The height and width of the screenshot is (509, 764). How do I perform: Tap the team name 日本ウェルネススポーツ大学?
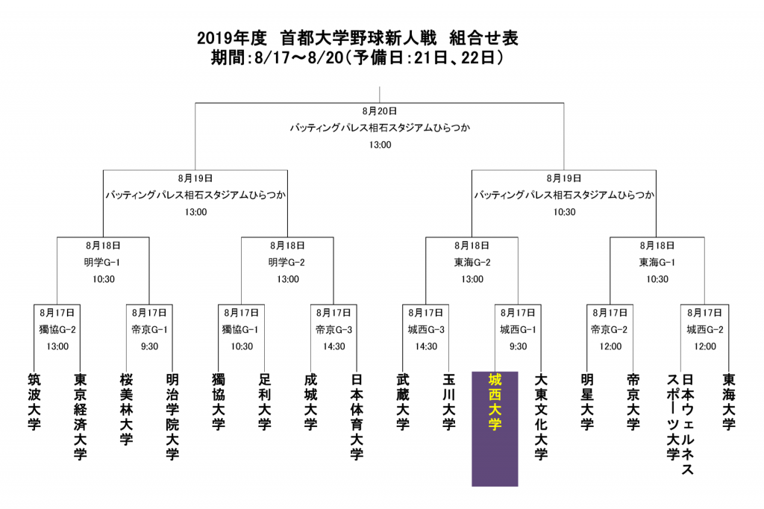pos(680,424)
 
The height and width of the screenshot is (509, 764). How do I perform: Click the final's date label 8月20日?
pos(380,111)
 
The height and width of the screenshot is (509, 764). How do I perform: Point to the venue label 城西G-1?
pos(518,330)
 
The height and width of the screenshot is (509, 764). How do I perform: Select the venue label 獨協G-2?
pos(57,330)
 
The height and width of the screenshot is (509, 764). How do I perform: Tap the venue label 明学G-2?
pos(287,262)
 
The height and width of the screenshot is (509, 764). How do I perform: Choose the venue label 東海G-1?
pos(657,262)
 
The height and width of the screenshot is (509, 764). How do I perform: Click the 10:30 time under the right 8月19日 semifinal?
pos(564,212)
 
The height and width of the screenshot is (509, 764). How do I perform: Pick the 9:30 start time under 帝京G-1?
pos(149,346)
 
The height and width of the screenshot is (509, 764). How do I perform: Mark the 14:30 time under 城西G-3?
pos(426,346)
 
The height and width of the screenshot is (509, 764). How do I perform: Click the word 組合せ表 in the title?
pos(483,38)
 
